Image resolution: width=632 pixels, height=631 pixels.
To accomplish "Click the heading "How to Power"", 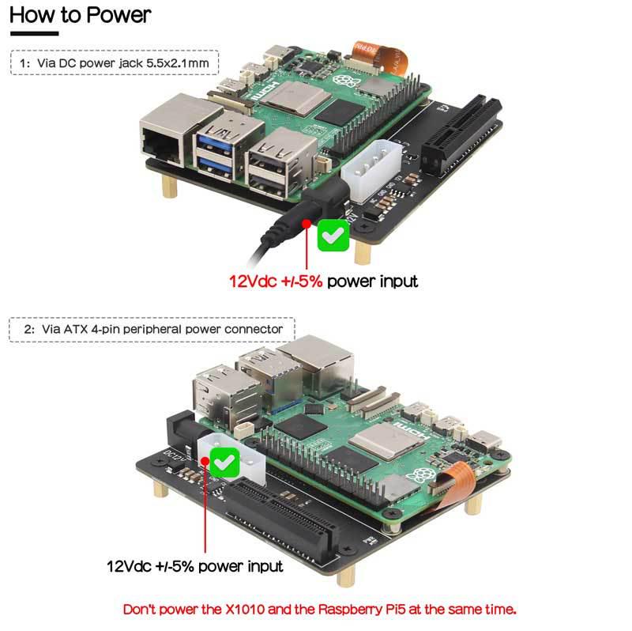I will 80,15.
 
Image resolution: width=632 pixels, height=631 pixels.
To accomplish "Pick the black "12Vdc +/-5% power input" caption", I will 194,566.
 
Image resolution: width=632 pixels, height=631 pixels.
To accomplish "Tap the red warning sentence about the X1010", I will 320,610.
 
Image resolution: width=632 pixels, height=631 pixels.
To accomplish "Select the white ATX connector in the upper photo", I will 370,169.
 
